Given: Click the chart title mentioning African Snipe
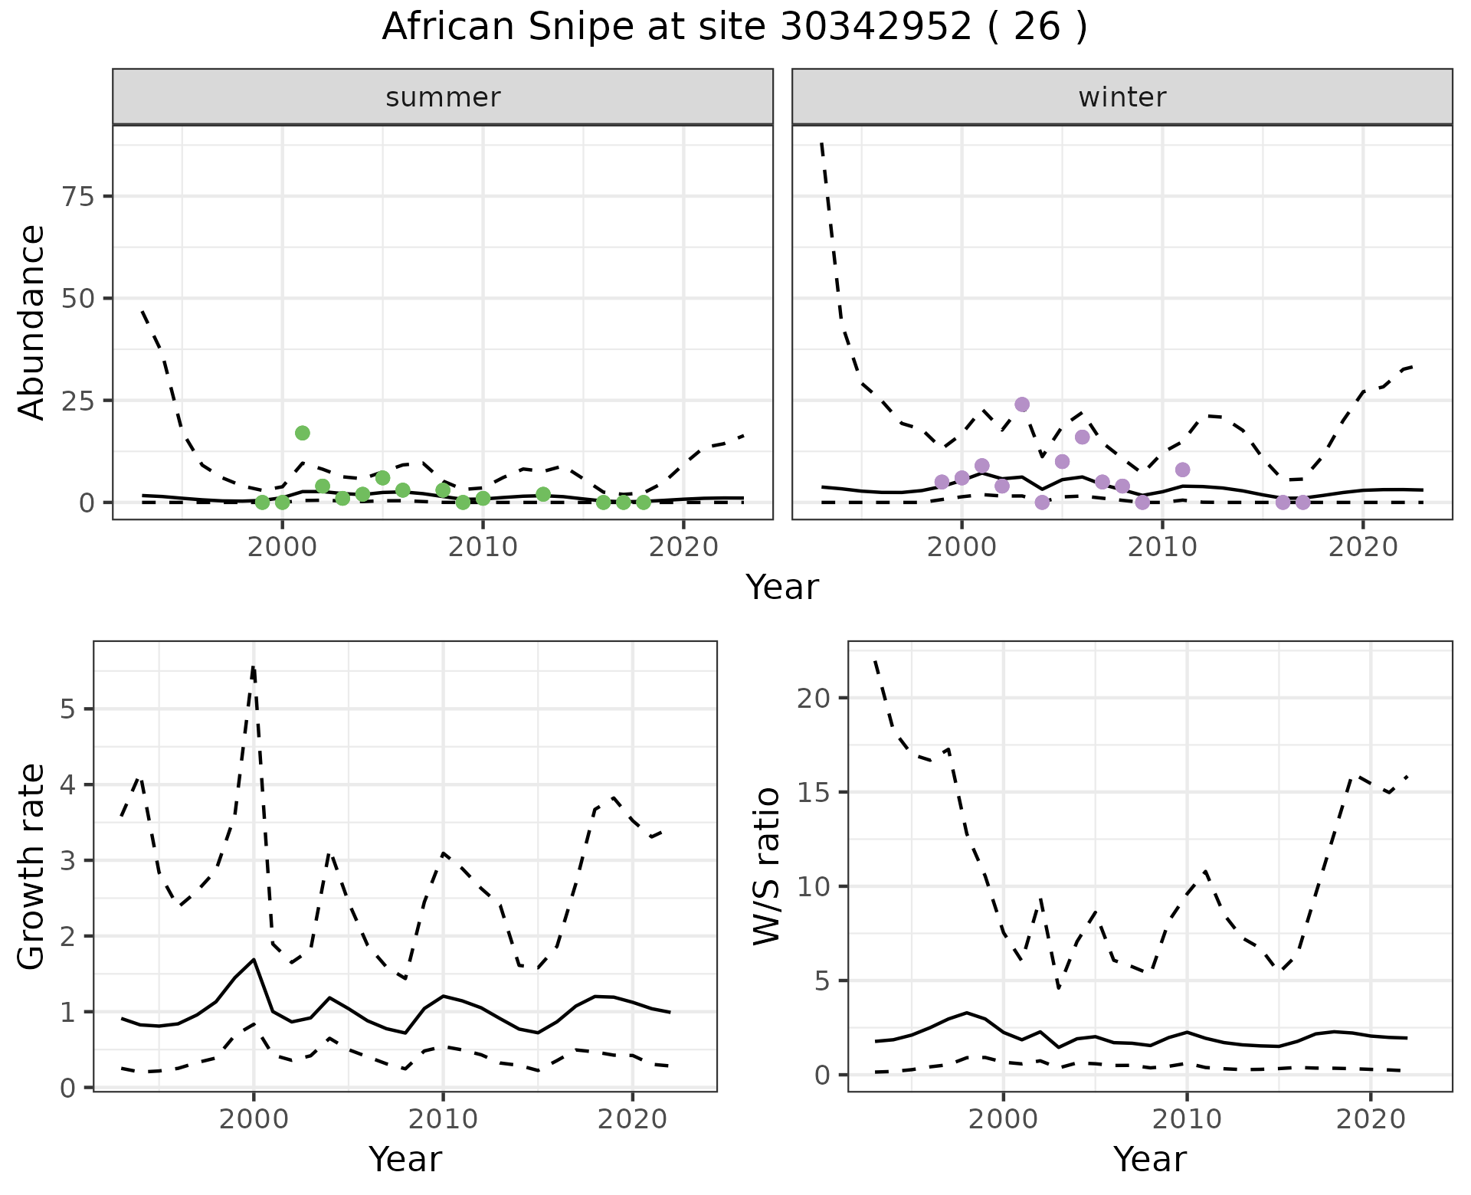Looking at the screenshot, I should (x=734, y=28).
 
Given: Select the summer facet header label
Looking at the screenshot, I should (x=443, y=97).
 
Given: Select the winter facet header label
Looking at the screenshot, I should (x=1122, y=97).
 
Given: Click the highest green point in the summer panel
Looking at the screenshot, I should (x=303, y=433).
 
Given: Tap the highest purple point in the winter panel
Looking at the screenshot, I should (x=1022, y=404).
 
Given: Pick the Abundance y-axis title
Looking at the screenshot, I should (x=32, y=322).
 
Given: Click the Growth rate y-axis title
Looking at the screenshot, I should (x=32, y=866).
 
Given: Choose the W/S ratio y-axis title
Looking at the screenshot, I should (x=767, y=866).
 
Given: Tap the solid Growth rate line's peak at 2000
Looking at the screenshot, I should (x=254, y=959).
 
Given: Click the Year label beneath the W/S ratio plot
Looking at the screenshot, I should (x=1149, y=1159).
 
